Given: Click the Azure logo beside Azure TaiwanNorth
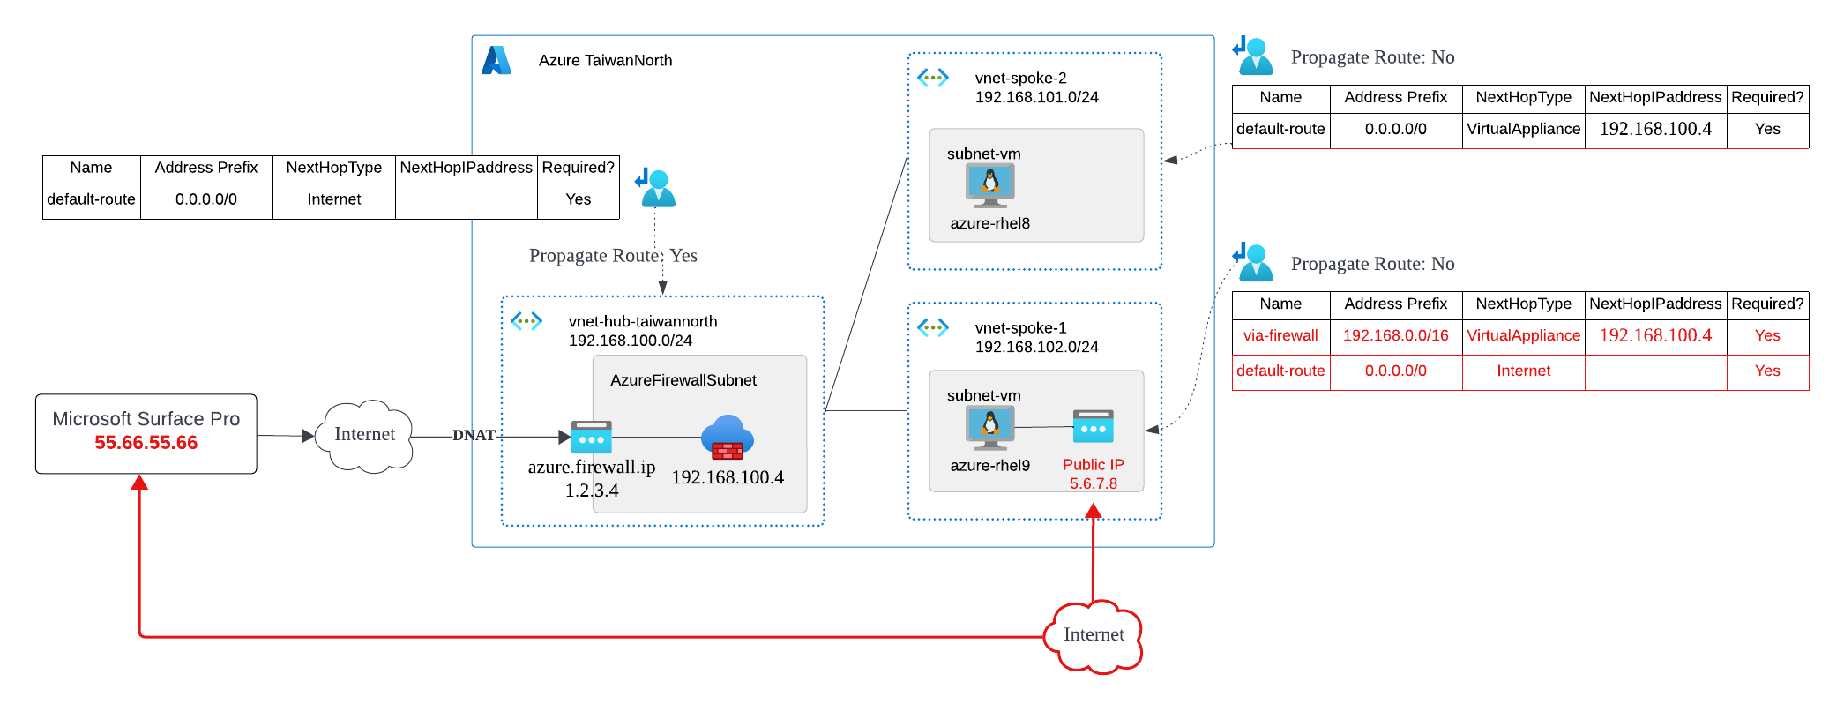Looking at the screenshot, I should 496,60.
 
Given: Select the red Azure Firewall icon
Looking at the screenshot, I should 728,438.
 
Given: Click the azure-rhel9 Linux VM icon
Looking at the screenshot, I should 989,427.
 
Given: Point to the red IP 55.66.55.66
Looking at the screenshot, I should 146,443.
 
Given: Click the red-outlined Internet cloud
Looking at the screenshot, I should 1094,635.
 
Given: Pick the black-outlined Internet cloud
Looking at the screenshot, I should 364,435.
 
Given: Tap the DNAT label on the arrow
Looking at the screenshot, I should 474,435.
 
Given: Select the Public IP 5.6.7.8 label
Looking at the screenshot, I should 1094,474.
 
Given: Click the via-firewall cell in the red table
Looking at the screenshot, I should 1280,336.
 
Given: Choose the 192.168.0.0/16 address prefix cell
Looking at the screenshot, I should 1395,336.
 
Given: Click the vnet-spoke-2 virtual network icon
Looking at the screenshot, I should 933,78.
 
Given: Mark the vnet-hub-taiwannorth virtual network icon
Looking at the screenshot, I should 526,321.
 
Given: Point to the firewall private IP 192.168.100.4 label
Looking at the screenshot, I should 728,477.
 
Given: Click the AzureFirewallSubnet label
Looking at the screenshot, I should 683,380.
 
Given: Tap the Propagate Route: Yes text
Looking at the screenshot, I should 613,256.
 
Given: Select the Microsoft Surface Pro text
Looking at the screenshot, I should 146,419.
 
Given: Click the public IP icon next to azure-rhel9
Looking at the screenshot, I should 1094,427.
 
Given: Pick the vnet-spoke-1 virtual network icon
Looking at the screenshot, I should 933,328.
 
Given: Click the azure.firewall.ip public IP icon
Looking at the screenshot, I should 591,438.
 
